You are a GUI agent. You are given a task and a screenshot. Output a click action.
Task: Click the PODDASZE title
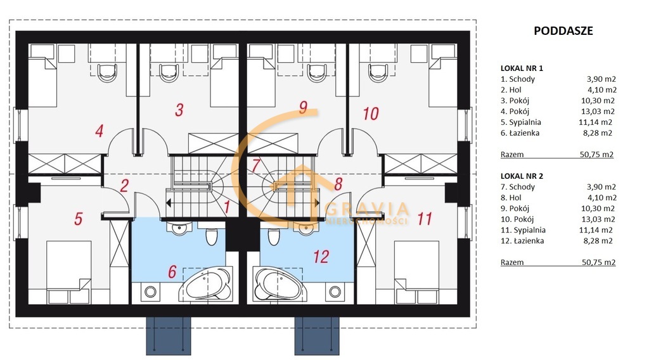(x=563, y=30)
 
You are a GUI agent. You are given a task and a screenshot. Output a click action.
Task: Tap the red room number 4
(x=99, y=131)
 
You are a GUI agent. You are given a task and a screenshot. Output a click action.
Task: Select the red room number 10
(x=370, y=113)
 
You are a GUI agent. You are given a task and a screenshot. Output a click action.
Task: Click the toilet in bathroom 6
(x=211, y=236)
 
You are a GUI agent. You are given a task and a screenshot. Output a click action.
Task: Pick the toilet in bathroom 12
(x=274, y=236)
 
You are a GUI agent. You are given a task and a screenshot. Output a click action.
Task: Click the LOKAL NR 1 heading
(x=522, y=68)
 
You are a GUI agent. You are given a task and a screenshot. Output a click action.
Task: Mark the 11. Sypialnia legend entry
(x=523, y=230)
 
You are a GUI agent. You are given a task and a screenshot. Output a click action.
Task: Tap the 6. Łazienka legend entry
(x=520, y=133)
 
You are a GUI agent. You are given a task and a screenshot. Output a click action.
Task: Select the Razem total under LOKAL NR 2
(x=512, y=262)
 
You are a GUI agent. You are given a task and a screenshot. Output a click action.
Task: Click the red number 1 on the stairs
(x=226, y=207)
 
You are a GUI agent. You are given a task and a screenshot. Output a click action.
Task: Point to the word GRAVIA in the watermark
(x=367, y=209)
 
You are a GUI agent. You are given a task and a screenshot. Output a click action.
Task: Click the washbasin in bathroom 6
(x=179, y=228)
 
